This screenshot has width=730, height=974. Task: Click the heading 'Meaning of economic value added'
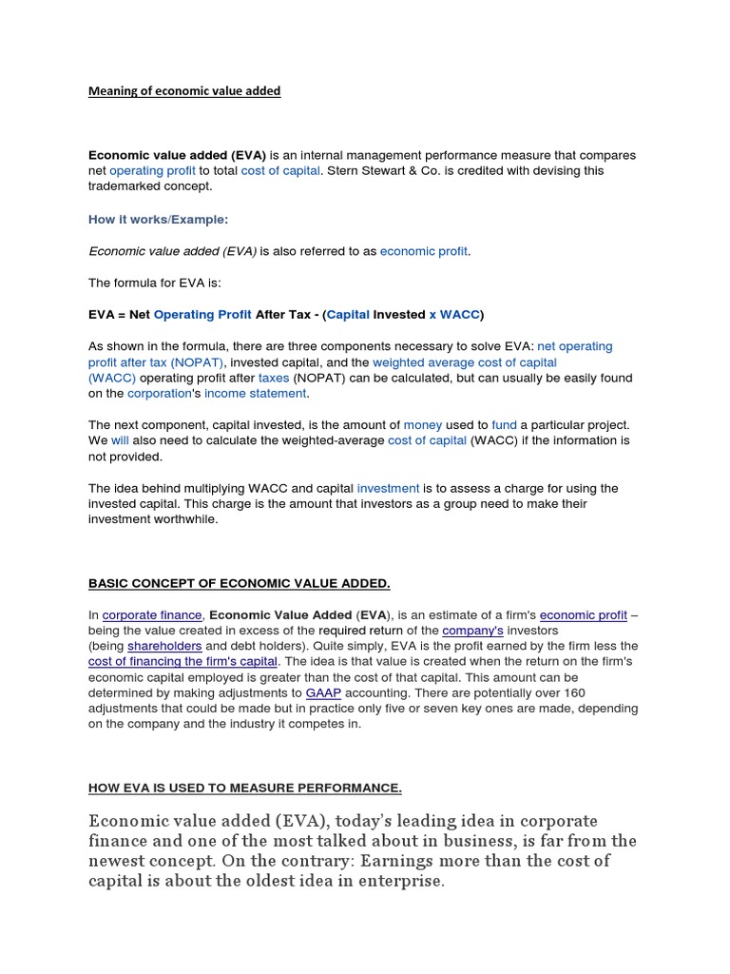pyautogui.click(x=184, y=91)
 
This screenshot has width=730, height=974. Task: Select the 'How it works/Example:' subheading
pyautogui.click(x=158, y=219)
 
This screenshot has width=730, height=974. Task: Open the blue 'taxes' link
pyautogui.click(x=274, y=378)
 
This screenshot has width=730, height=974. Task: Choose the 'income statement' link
pyautogui.click(x=255, y=393)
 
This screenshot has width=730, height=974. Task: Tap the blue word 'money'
pyautogui.click(x=423, y=424)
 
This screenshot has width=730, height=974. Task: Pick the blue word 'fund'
pyautogui.click(x=504, y=424)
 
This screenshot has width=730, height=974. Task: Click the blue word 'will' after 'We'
pyautogui.click(x=120, y=440)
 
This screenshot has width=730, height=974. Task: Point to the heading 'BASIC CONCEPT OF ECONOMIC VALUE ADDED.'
pyautogui.click(x=240, y=583)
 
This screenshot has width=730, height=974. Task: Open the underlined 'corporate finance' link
pyautogui.click(x=152, y=615)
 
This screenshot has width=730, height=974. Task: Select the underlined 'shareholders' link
pyautogui.click(x=165, y=646)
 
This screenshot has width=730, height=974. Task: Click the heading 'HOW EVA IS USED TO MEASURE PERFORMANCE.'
pyautogui.click(x=245, y=788)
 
